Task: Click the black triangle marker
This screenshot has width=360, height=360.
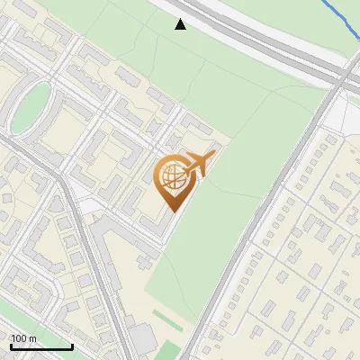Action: pyautogui.click(x=181, y=24)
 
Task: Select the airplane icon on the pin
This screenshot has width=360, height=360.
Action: pyautogui.click(x=197, y=165)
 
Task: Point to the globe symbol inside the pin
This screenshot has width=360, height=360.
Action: pyautogui.click(x=171, y=177)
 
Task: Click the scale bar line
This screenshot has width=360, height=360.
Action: pyautogui.click(x=40, y=346)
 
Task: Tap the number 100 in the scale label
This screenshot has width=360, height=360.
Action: pyautogui.click(x=18, y=338)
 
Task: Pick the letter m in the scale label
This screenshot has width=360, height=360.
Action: pyautogui.click(x=32, y=338)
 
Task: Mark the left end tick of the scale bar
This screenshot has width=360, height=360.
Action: pyautogui.click(x=10, y=346)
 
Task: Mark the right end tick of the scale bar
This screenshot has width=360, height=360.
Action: pyautogui.click(x=72, y=346)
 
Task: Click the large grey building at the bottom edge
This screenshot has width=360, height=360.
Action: pyautogui.click(x=141, y=341)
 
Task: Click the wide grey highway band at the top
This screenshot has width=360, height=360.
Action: pyautogui.click(x=261, y=40)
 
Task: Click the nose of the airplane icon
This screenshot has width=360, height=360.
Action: pyautogui.click(x=215, y=155)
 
